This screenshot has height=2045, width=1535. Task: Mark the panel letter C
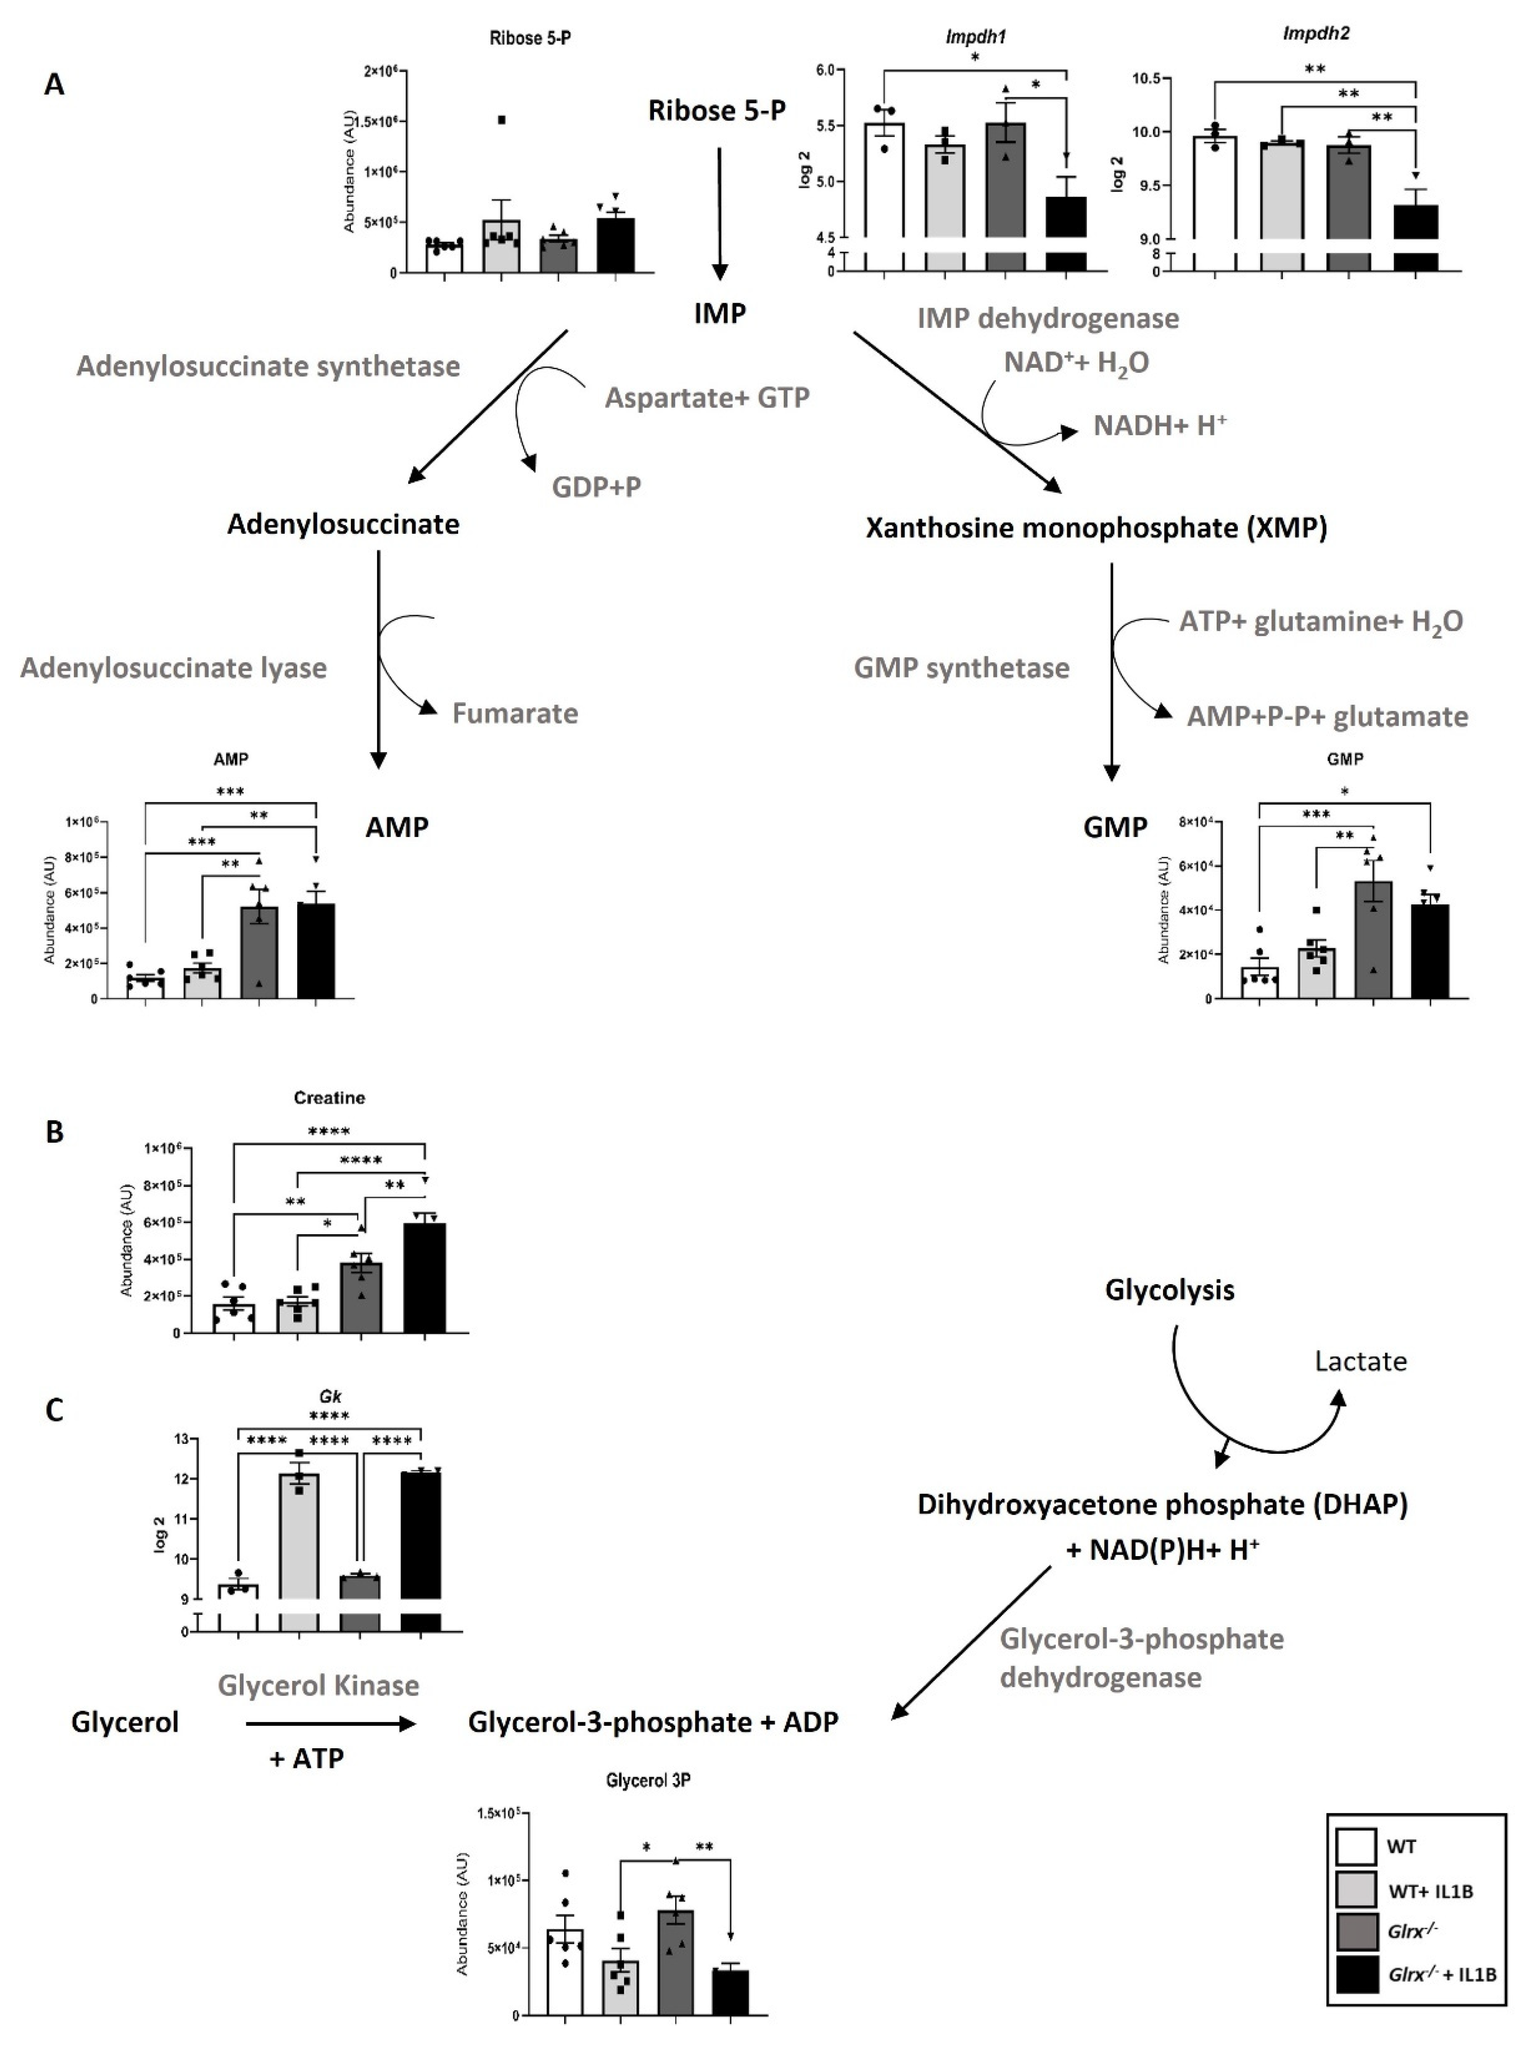[x=55, y=1410]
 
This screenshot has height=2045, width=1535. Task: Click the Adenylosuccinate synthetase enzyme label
[x=268, y=367]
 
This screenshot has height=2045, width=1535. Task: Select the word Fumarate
[x=515, y=714]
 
